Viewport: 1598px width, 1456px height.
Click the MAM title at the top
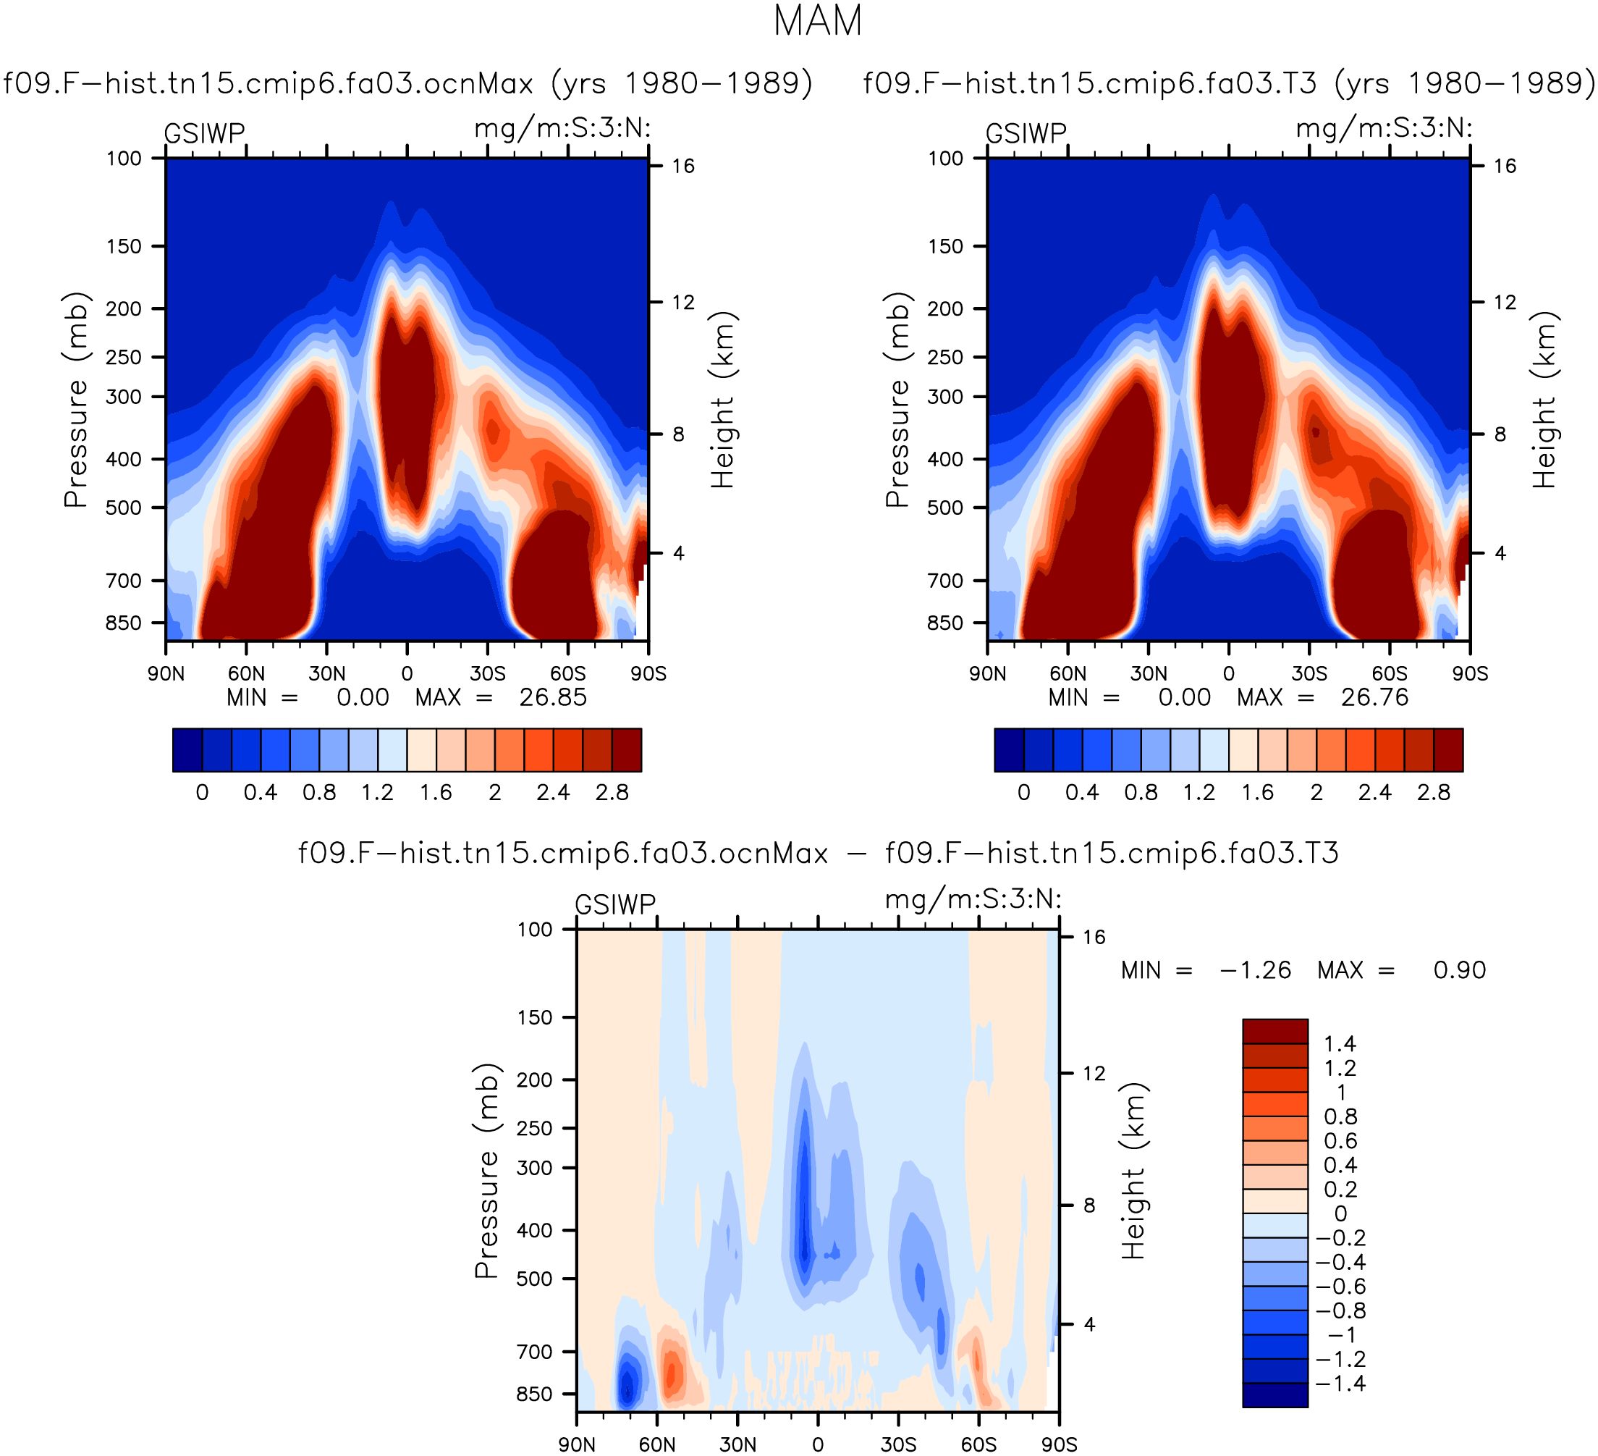tap(817, 22)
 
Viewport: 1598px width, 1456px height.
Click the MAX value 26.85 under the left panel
tap(553, 698)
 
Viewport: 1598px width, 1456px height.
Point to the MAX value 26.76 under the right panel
tap(1375, 698)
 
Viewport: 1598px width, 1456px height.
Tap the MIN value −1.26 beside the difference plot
tap(1256, 971)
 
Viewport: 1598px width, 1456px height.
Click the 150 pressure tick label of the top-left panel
tap(124, 247)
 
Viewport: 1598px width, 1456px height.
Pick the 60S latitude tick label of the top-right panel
tap(1390, 674)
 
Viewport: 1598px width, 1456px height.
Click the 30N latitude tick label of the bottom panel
tap(738, 1445)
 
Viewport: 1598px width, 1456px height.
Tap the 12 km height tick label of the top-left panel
tap(683, 302)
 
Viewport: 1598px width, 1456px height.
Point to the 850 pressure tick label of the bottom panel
tap(535, 1394)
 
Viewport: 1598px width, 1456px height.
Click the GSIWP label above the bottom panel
tap(615, 904)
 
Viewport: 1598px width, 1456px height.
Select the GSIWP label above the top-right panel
tap(1026, 133)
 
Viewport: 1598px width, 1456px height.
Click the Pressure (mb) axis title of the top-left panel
tap(76, 400)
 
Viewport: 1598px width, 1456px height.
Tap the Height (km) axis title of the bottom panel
tap(1134, 1171)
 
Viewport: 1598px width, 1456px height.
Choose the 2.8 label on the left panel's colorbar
tap(612, 793)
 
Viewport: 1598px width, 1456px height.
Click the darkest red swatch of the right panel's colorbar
tap(1448, 750)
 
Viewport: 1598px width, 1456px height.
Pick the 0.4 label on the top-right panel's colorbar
tap(1082, 793)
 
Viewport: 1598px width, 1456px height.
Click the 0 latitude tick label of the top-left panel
tap(407, 674)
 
